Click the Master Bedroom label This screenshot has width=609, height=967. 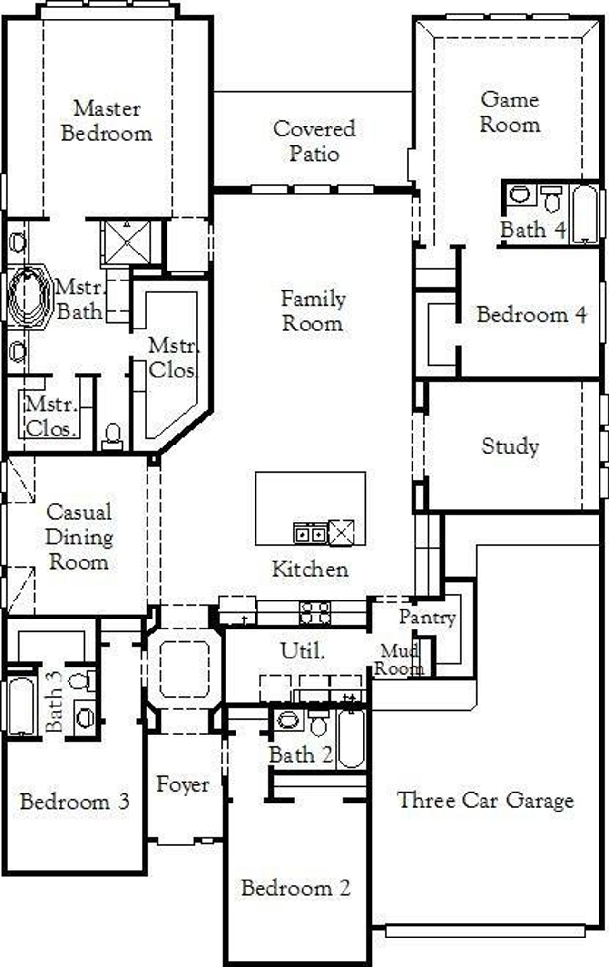tap(107, 121)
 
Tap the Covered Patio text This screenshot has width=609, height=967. tap(314, 141)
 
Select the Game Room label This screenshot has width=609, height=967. tap(510, 112)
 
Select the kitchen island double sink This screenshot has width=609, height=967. tap(310, 533)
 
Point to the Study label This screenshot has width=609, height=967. tap(510, 446)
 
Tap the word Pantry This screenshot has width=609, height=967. tap(427, 617)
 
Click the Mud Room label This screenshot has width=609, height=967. tap(399, 660)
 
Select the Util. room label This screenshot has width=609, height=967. tap(303, 651)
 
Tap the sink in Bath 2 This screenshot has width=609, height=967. tap(287, 720)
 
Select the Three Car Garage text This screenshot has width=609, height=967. tap(485, 800)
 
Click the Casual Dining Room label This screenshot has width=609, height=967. tap(79, 537)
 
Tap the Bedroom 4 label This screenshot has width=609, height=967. tap(531, 315)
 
